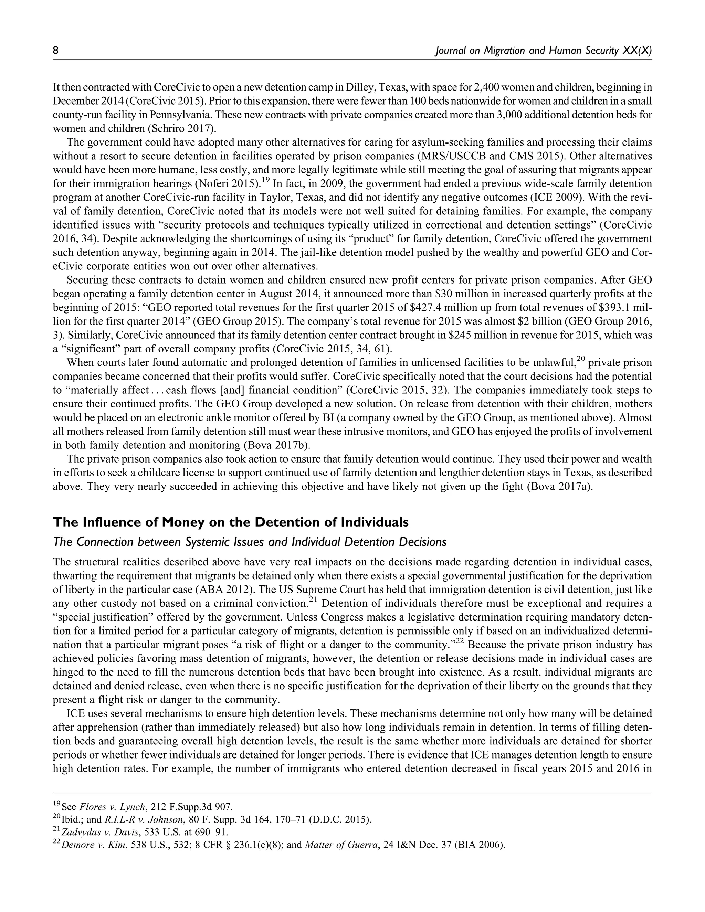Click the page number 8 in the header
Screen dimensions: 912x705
click(55, 51)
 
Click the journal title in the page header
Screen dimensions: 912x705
click(543, 51)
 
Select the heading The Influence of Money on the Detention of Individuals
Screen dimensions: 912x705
click(231, 522)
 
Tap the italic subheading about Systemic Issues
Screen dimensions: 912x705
click(250, 542)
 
